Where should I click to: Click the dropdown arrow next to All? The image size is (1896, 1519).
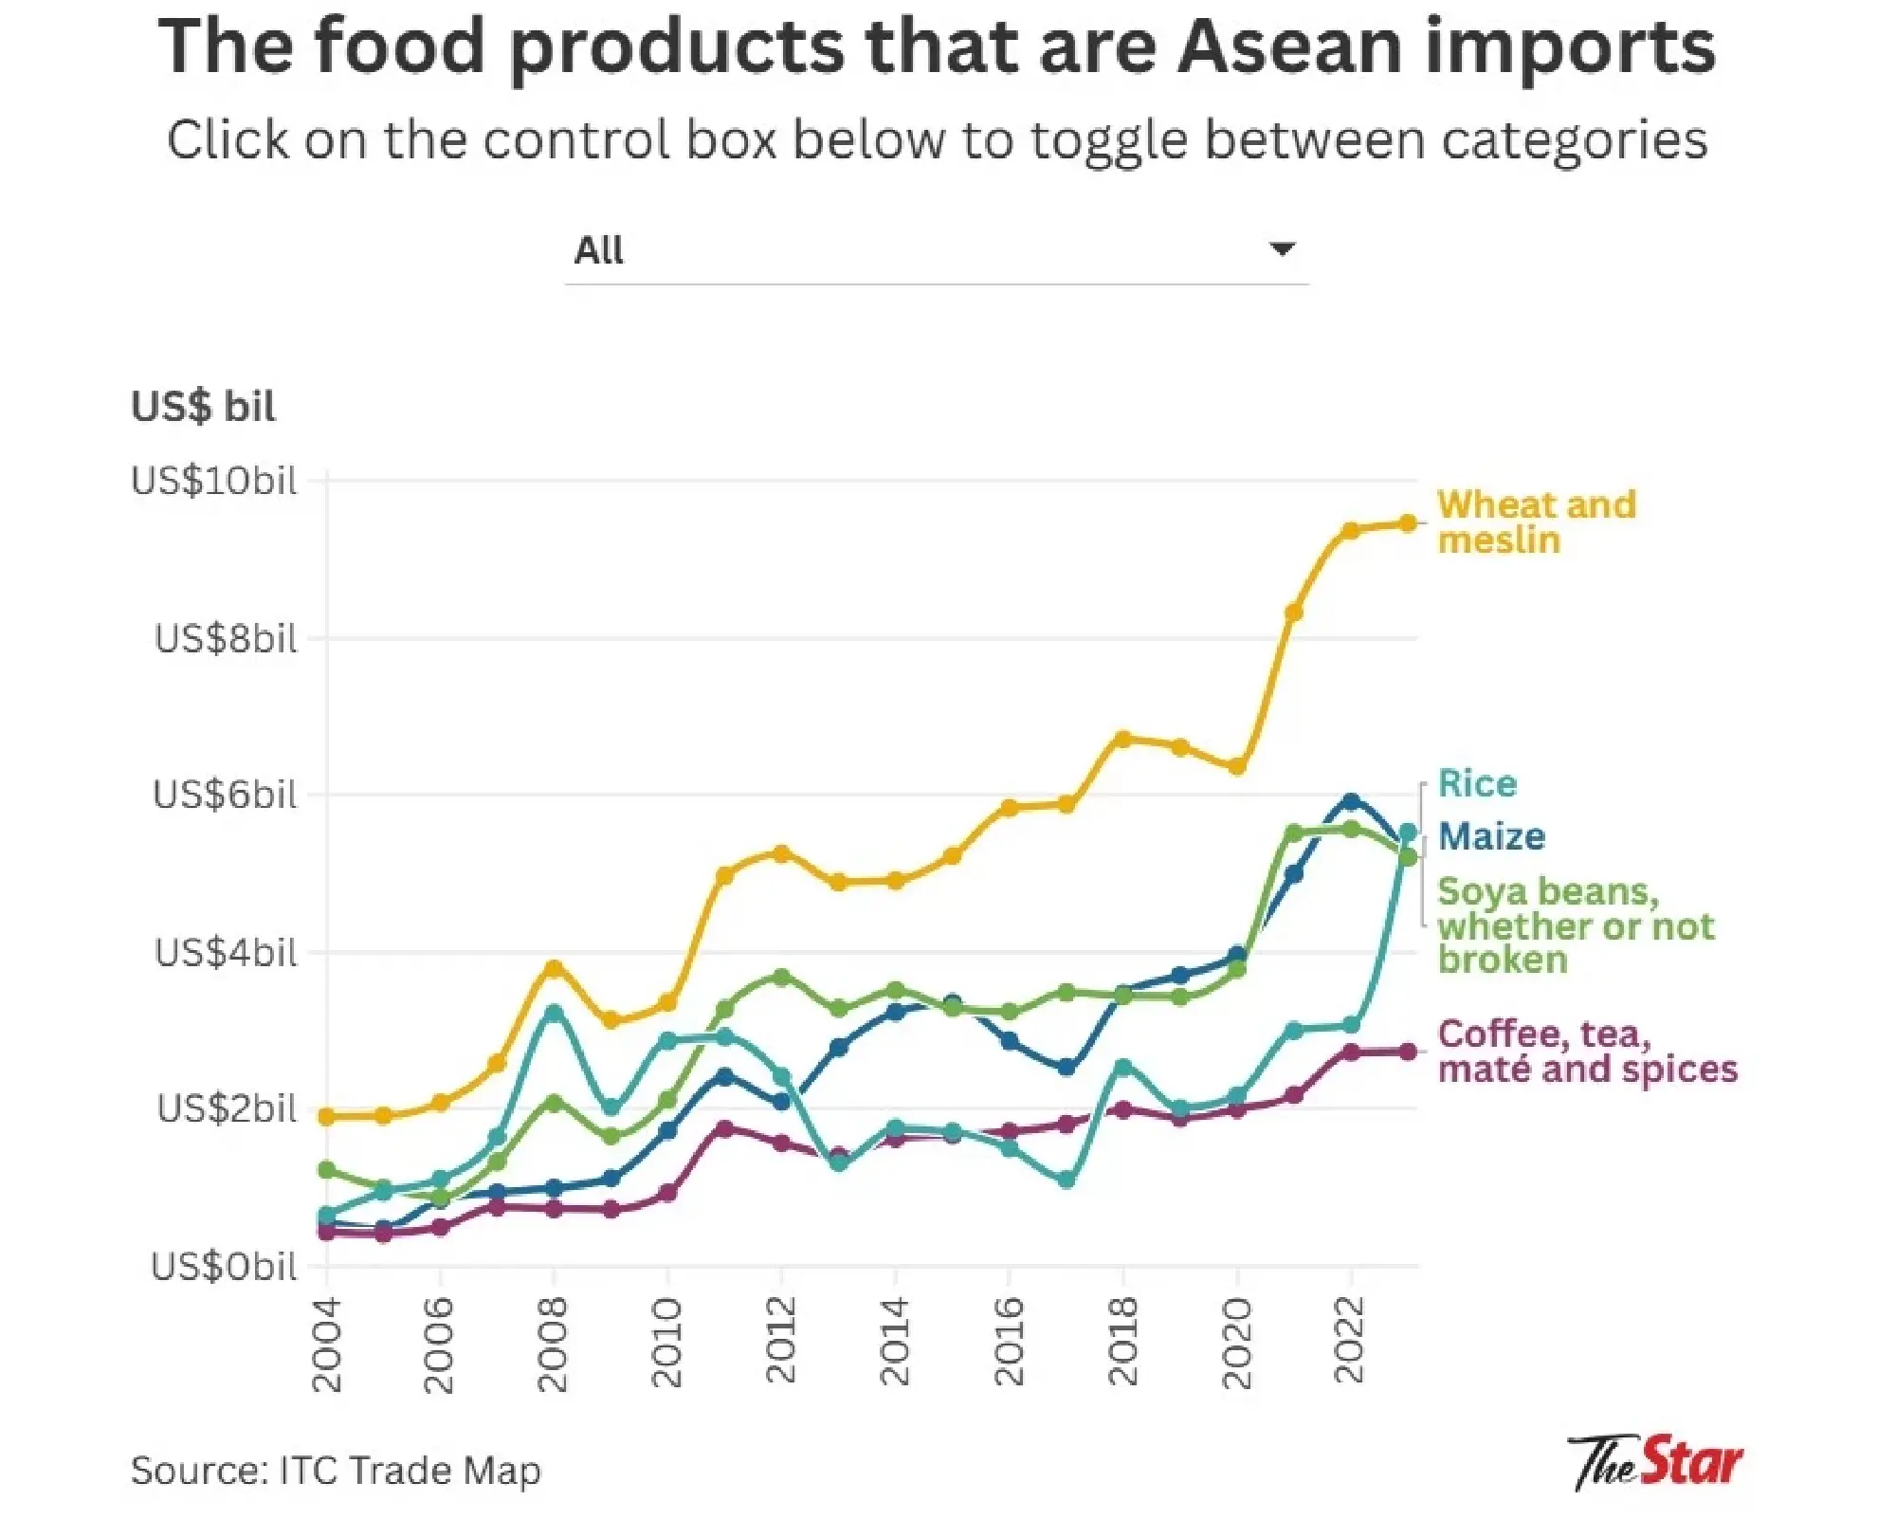tap(1282, 249)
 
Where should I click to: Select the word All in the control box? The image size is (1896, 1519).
tap(598, 250)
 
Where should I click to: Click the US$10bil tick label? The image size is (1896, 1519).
tap(214, 482)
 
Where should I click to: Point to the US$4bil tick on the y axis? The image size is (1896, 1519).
tap(226, 953)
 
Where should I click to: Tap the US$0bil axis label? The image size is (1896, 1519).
tap(224, 1267)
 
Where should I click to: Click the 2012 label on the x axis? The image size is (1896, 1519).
tap(780, 1342)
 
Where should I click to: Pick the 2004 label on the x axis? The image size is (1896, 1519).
tap(326, 1345)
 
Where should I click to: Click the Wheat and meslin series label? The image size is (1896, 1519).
tap(1536, 522)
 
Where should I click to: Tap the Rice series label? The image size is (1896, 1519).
tap(1477, 784)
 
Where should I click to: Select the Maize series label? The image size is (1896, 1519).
tap(1491, 837)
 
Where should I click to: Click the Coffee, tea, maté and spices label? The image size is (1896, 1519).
tap(1587, 1052)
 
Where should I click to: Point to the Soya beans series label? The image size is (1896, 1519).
tap(1575, 925)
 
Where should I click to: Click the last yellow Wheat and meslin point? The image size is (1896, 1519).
tap(1408, 523)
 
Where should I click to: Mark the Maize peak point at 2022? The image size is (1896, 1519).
tap(1351, 802)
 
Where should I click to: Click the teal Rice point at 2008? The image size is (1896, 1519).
tap(554, 1013)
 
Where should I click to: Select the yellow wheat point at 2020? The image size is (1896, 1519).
tap(1236, 766)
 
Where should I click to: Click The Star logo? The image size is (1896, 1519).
tap(1654, 1462)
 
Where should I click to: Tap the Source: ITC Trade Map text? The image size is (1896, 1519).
tap(336, 1471)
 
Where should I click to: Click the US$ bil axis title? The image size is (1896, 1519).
tap(203, 407)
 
